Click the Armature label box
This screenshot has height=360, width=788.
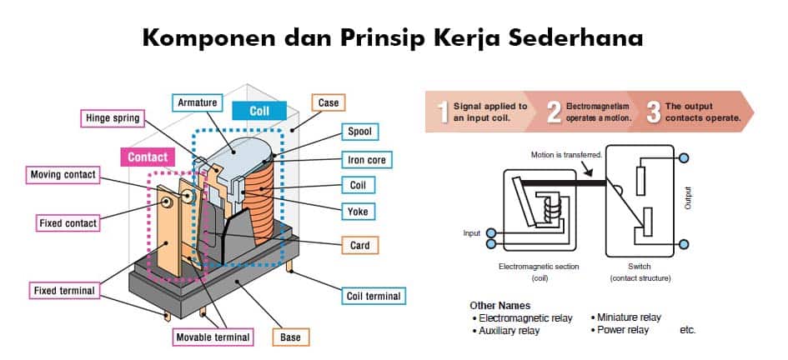click(197, 102)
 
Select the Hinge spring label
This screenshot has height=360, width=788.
click(113, 118)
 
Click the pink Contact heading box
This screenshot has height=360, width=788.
click(148, 156)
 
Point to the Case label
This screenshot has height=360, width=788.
click(328, 102)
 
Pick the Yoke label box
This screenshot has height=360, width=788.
click(357, 212)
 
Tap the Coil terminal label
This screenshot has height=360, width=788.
click(373, 296)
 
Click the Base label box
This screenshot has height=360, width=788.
click(289, 337)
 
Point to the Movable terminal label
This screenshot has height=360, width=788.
click(212, 337)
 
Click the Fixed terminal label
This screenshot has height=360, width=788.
click(63, 291)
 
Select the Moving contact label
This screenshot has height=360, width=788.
click(63, 175)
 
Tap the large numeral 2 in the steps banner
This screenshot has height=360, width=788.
click(553, 112)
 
